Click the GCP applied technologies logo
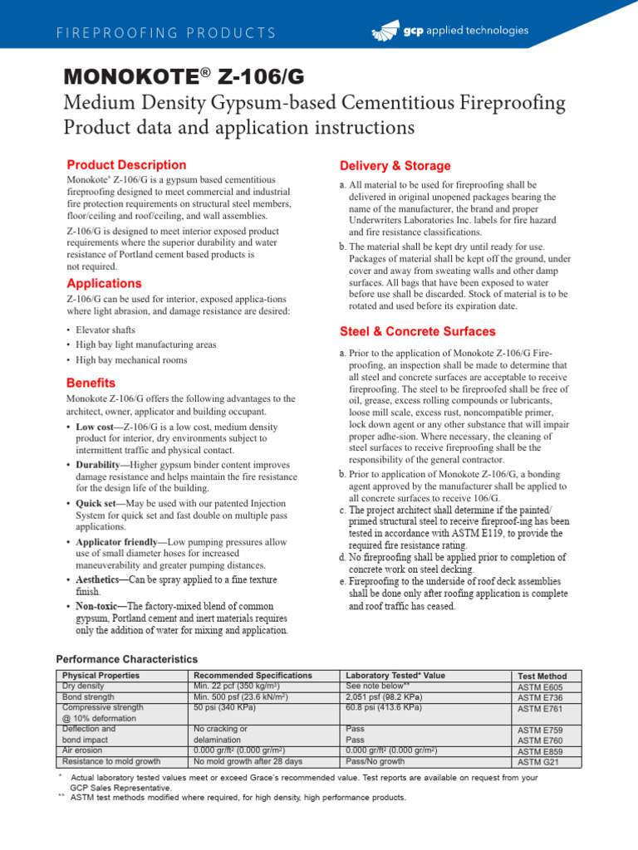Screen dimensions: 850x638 click(x=449, y=32)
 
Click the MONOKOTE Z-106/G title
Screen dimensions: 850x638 click(x=184, y=77)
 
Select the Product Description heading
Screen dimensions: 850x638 click(x=126, y=165)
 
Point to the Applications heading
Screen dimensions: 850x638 click(x=104, y=283)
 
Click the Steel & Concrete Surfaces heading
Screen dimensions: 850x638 click(x=418, y=332)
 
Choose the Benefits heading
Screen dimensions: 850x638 click(x=91, y=383)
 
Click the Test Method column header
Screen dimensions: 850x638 click(x=542, y=677)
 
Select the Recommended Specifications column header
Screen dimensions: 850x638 click(x=253, y=676)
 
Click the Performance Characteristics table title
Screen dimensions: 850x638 click(x=128, y=659)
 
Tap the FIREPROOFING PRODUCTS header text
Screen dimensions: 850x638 click(x=166, y=33)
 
